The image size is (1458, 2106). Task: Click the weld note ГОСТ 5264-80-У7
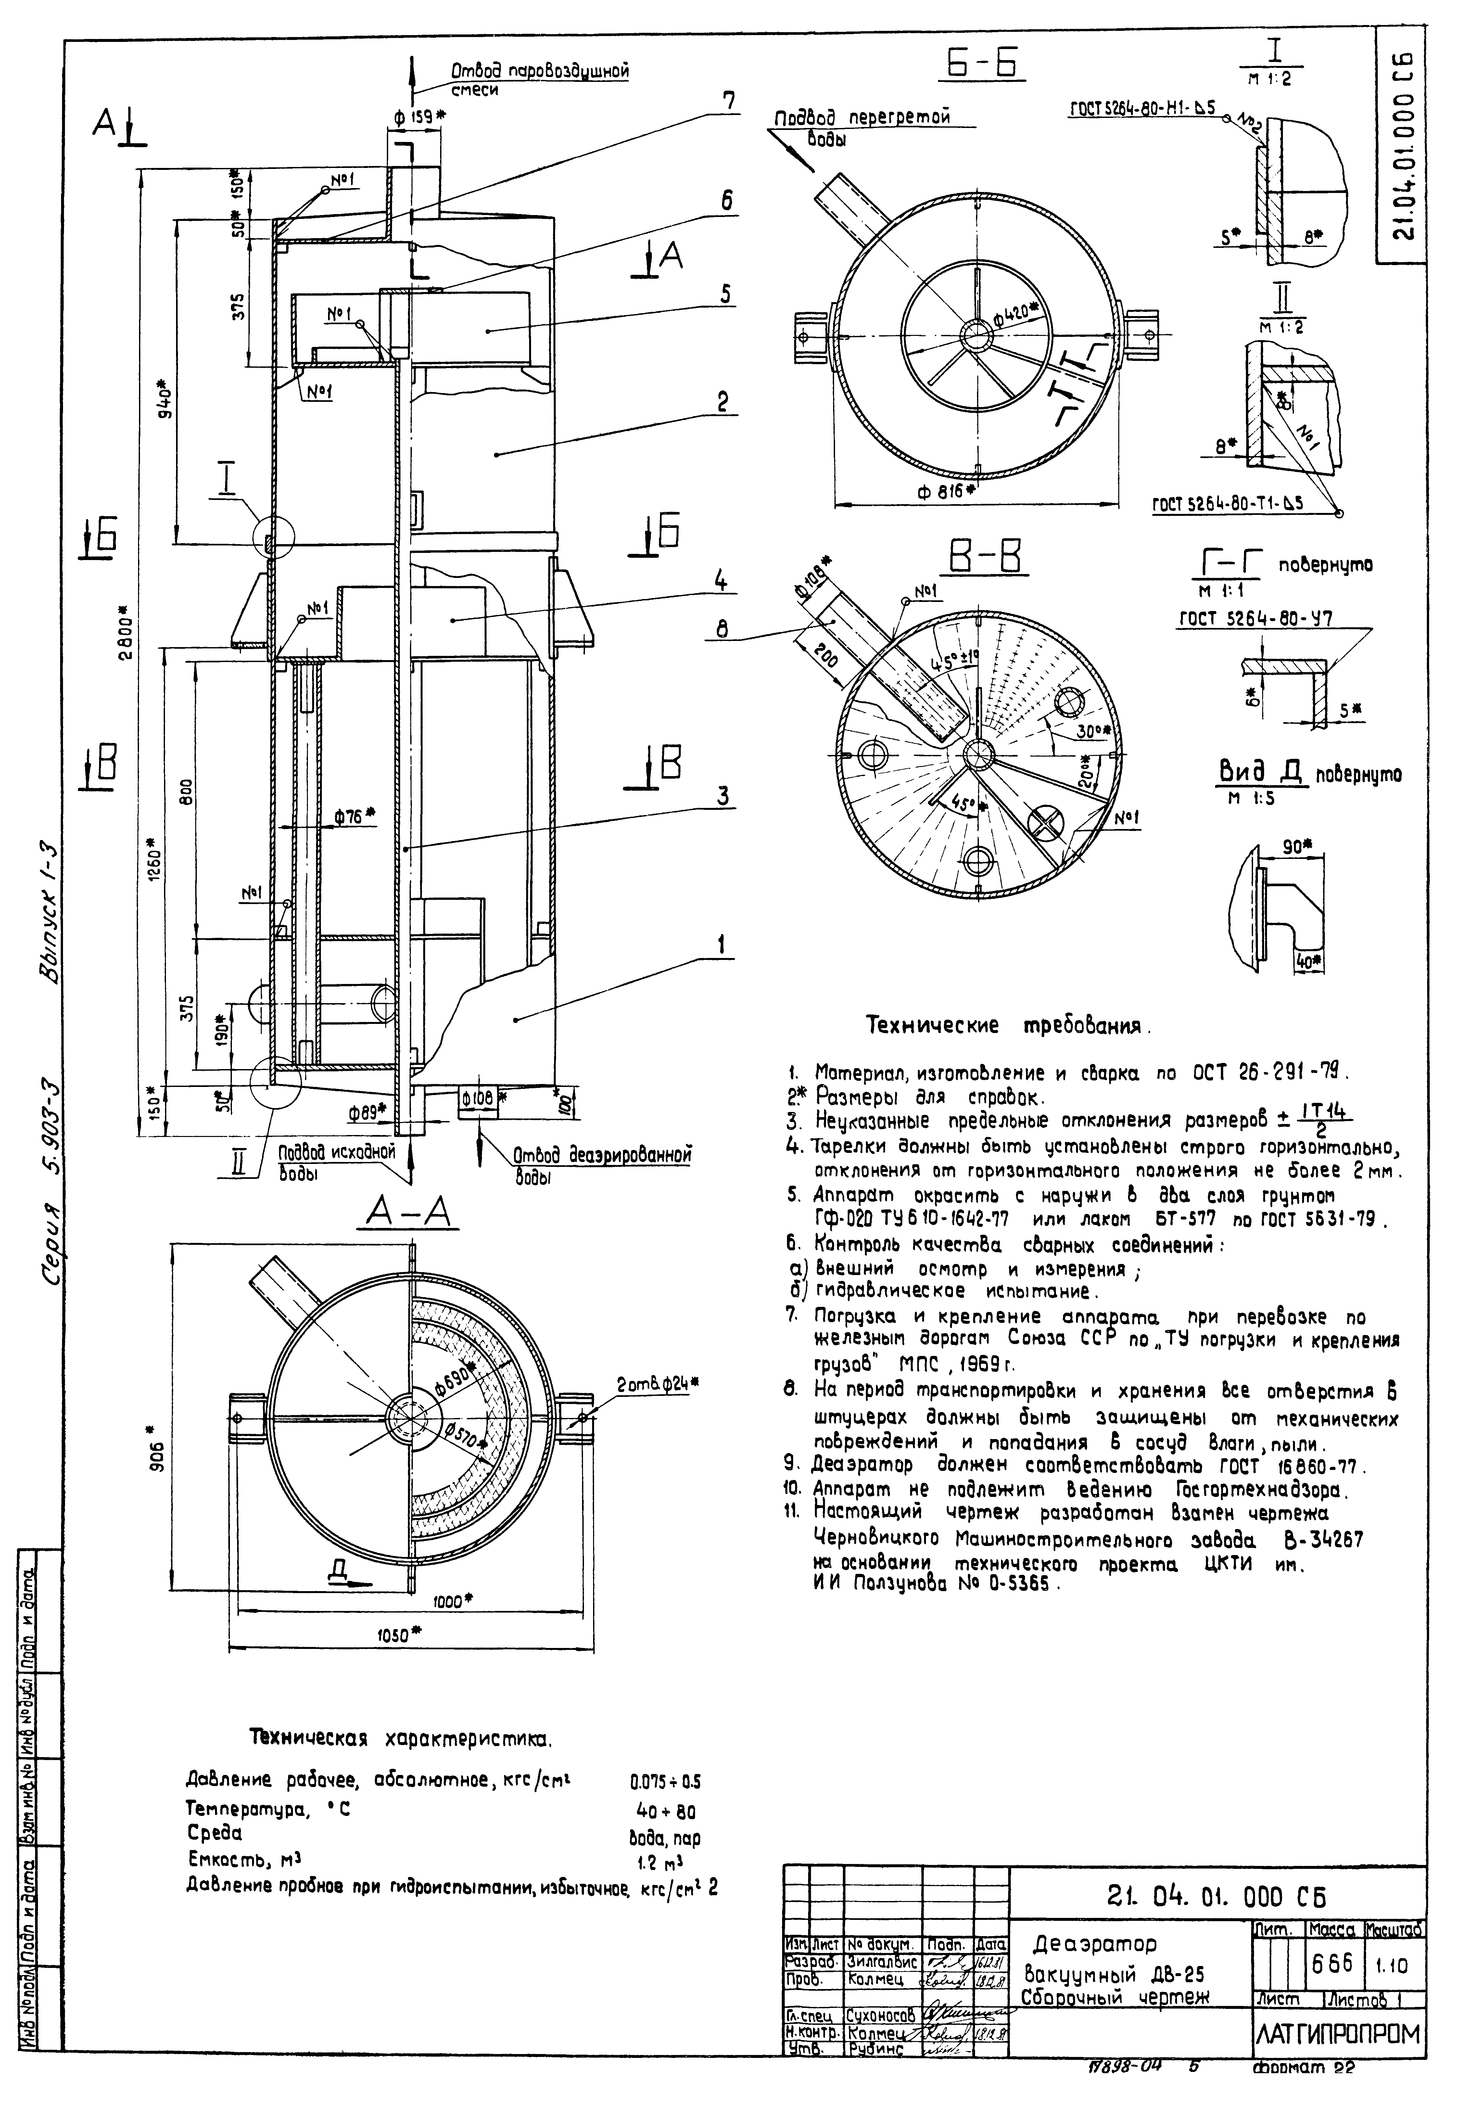(1255, 619)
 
